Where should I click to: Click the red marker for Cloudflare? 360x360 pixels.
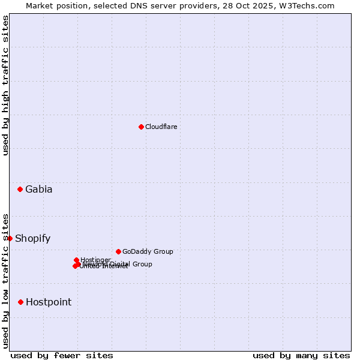(x=141, y=127)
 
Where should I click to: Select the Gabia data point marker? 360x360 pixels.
(x=20, y=190)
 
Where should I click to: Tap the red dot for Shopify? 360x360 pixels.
(x=10, y=238)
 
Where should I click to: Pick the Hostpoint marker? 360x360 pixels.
(x=20, y=302)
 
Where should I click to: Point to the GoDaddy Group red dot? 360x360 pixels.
(x=118, y=251)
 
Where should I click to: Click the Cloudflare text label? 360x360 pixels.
(x=161, y=127)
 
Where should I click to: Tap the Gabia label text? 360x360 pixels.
(x=38, y=190)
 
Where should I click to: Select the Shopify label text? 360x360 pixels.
(x=32, y=238)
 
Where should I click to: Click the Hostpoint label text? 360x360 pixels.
(x=48, y=302)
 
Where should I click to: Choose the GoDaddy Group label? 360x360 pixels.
(x=147, y=251)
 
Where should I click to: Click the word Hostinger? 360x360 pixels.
(x=95, y=260)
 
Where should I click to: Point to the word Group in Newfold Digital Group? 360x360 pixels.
(x=142, y=264)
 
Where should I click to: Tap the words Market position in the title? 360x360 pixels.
(x=56, y=5)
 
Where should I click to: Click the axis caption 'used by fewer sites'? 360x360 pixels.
(x=62, y=356)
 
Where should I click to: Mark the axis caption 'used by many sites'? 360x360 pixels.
(x=301, y=356)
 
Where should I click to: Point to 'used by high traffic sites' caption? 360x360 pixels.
(x=5, y=85)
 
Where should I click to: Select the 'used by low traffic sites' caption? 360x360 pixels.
(x=5, y=280)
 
